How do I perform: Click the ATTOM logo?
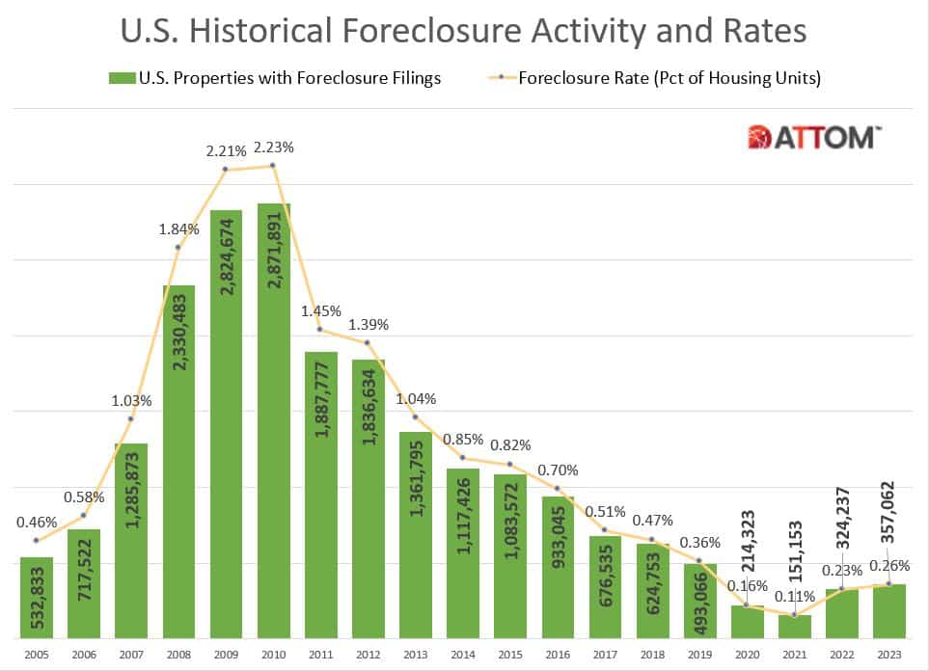click(812, 137)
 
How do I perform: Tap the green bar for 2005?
click(37, 598)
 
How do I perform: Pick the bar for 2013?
click(415, 535)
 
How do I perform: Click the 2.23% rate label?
click(273, 148)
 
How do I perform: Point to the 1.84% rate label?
click(179, 229)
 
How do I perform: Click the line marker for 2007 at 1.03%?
click(131, 418)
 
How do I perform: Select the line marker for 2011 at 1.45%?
click(320, 330)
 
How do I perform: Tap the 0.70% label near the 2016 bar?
click(557, 470)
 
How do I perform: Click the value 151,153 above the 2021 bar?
click(794, 550)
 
